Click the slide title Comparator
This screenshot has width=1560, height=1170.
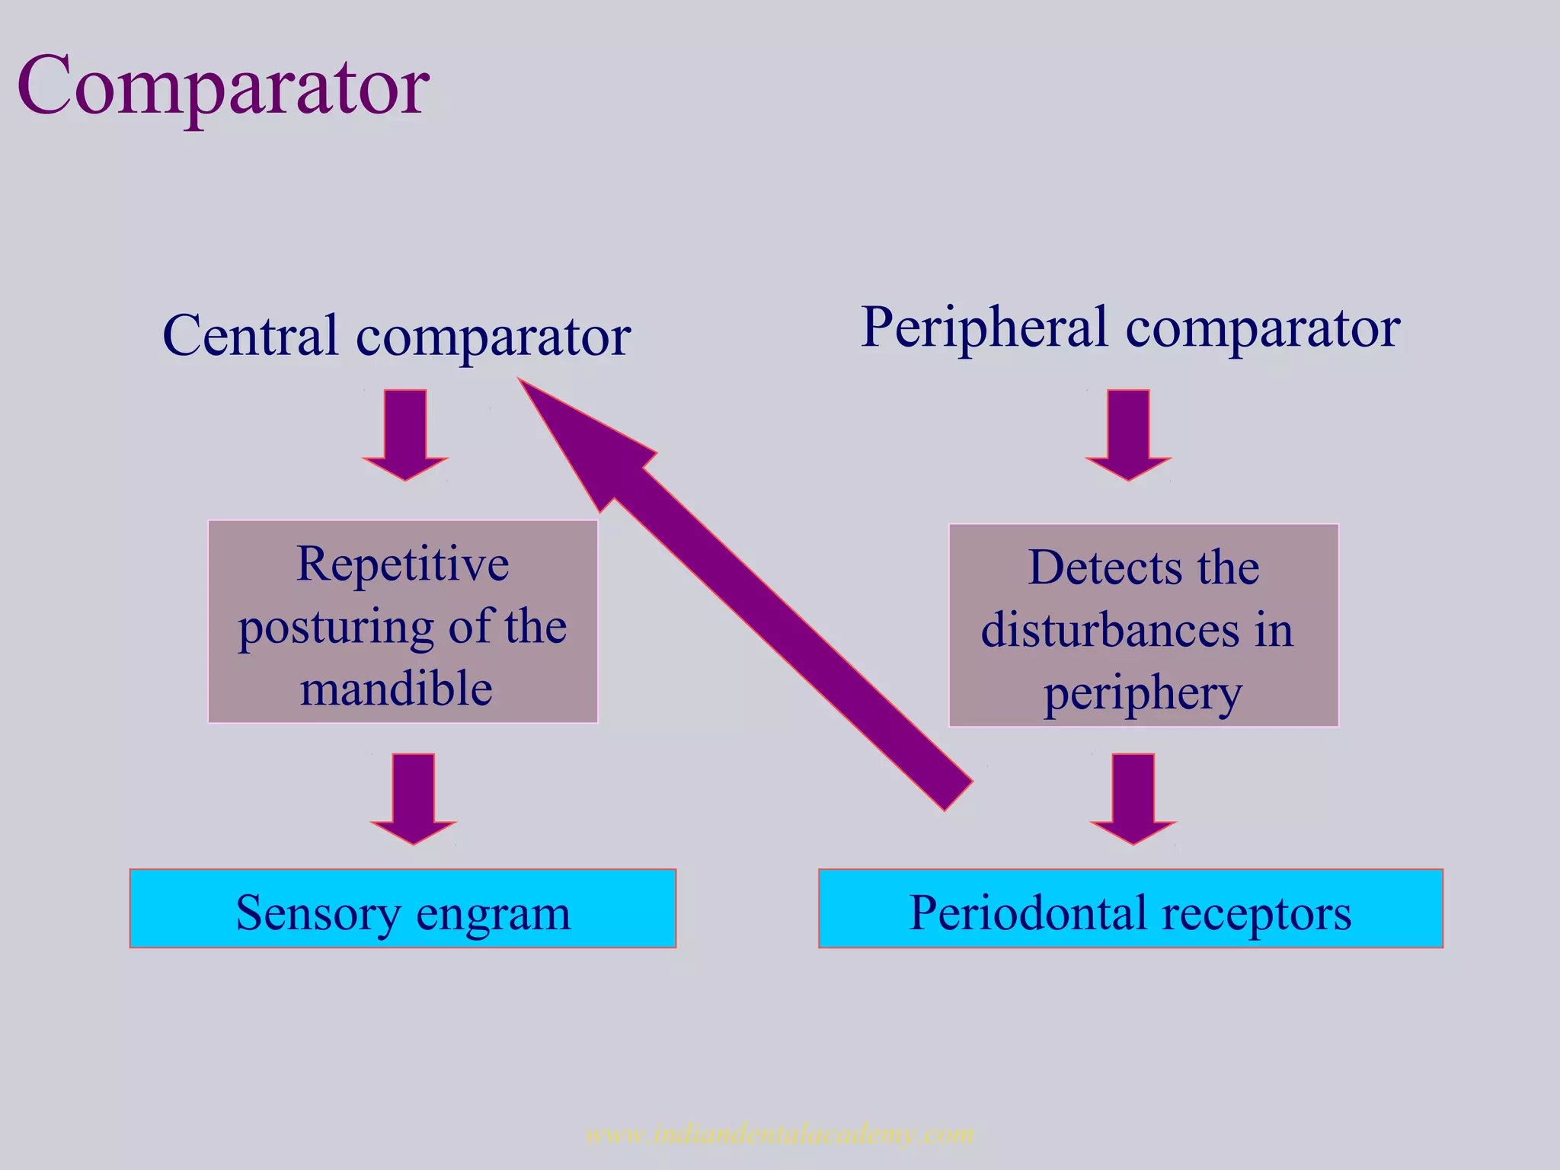coord(222,85)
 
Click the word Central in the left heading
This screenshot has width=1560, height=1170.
coord(250,335)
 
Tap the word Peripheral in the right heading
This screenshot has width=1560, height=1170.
coord(984,328)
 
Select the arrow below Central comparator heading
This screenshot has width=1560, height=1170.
coord(405,434)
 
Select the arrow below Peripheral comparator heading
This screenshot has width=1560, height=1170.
coord(1128,434)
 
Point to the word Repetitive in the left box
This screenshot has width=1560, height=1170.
coord(402,564)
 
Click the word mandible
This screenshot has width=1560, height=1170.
coord(396,689)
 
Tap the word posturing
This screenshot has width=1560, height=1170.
coord(334,628)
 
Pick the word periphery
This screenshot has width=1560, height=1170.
coord(1143,693)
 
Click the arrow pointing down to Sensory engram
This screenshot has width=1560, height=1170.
coord(413,798)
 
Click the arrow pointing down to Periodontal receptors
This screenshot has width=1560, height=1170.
coord(1133,798)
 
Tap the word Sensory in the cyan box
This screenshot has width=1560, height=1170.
coord(317,913)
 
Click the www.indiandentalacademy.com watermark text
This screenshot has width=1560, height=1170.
coord(780,1134)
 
